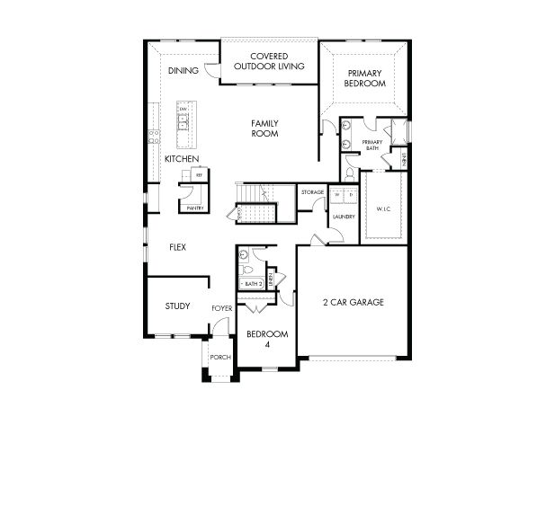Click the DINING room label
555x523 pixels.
pos(183,69)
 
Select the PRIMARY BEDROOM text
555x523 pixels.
pos(364,78)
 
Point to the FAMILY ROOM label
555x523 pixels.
pos(264,128)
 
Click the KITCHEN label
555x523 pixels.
pos(181,159)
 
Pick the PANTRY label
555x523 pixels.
pos(194,208)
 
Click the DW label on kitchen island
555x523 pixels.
pos(183,110)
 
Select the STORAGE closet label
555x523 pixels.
pos(312,192)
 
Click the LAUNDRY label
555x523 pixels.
pos(344,216)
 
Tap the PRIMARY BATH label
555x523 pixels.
pos(372,146)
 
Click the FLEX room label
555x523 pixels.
pos(176,247)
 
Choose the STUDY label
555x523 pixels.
pos(177,306)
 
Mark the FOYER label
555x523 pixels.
pos(222,308)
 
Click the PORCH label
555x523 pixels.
pos(220,357)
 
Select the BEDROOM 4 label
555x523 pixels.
pos(266,338)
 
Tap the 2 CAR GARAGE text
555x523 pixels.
pos(354,302)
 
